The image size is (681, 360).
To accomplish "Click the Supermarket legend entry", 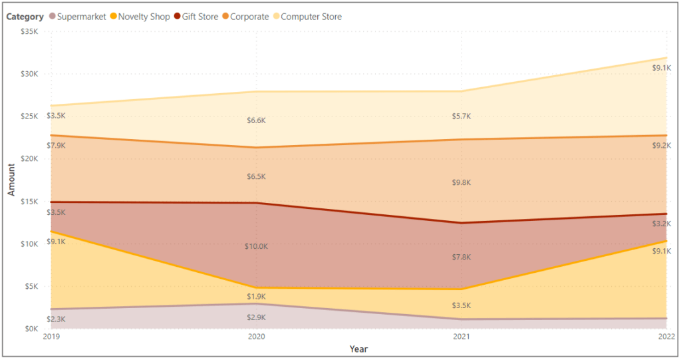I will (77, 17).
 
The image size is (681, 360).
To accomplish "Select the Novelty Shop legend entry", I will (140, 17).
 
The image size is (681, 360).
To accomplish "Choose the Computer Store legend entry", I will (307, 17).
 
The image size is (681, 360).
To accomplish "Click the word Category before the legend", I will (25, 17).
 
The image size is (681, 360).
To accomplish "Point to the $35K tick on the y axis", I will (29, 31).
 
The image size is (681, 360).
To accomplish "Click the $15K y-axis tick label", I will (29, 201).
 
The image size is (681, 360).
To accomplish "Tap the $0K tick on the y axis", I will (31, 329).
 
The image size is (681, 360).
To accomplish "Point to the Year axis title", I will (358, 349).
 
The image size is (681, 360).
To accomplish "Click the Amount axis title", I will (11, 180).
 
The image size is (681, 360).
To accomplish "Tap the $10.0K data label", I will (256, 246).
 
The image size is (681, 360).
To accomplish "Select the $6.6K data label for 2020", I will (256, 120).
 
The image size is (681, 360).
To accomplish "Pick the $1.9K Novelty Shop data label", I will (256, 296).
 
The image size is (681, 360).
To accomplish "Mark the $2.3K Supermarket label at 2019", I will (56, 319).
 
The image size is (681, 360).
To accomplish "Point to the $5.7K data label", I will (461, 116).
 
